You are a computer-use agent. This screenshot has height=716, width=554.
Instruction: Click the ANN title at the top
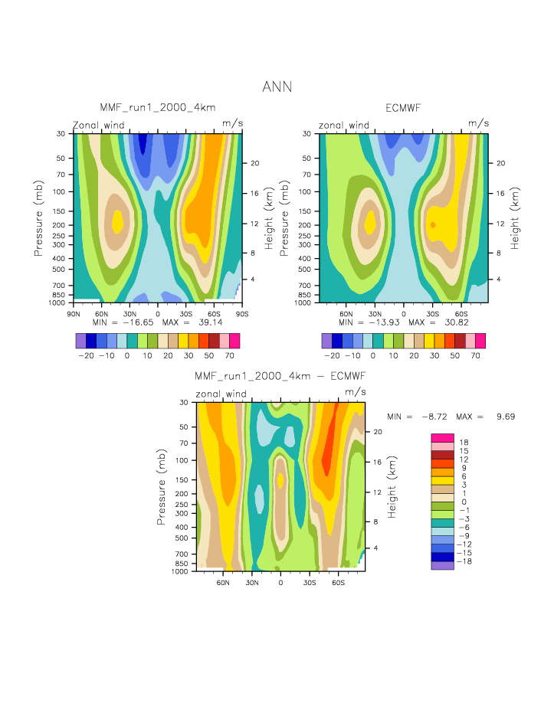coord(277,87)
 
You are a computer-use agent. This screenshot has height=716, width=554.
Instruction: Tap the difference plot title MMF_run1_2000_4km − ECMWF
coord(280,376)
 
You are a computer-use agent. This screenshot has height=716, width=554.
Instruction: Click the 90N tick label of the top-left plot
coord(74,312)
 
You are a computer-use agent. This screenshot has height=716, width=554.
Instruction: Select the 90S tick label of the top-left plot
coord(241,312)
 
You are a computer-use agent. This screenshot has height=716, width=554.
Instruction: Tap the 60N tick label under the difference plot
coord(224,581)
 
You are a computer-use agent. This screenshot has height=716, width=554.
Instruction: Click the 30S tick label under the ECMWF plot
coord(432,312)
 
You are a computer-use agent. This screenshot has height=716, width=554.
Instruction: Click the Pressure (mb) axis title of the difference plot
coord(162,486)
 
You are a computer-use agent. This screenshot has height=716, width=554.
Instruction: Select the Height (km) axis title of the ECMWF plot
coord(515,217)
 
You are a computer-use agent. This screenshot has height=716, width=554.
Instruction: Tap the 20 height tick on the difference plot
coord(377,432)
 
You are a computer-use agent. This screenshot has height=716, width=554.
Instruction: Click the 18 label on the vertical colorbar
coord(463,443)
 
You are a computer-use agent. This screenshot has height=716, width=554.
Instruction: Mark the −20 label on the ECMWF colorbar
coord(332,356)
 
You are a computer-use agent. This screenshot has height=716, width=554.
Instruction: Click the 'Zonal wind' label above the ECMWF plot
coord(343,126)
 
